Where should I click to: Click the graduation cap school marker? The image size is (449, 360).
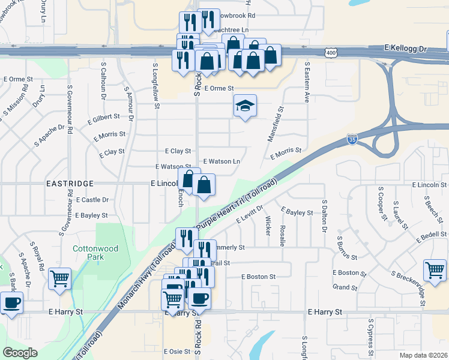point(245,106)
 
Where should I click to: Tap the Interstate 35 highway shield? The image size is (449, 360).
point(352,140)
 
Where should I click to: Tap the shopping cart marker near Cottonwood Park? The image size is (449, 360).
point(59,279)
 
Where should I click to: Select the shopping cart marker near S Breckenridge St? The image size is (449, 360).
point(435,269)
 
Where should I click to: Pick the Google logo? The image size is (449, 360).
point(20,353)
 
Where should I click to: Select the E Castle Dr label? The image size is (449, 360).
point(92,199)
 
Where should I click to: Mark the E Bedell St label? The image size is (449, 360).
point(430,235)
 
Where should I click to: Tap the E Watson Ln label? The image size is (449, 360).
point(221,161)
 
